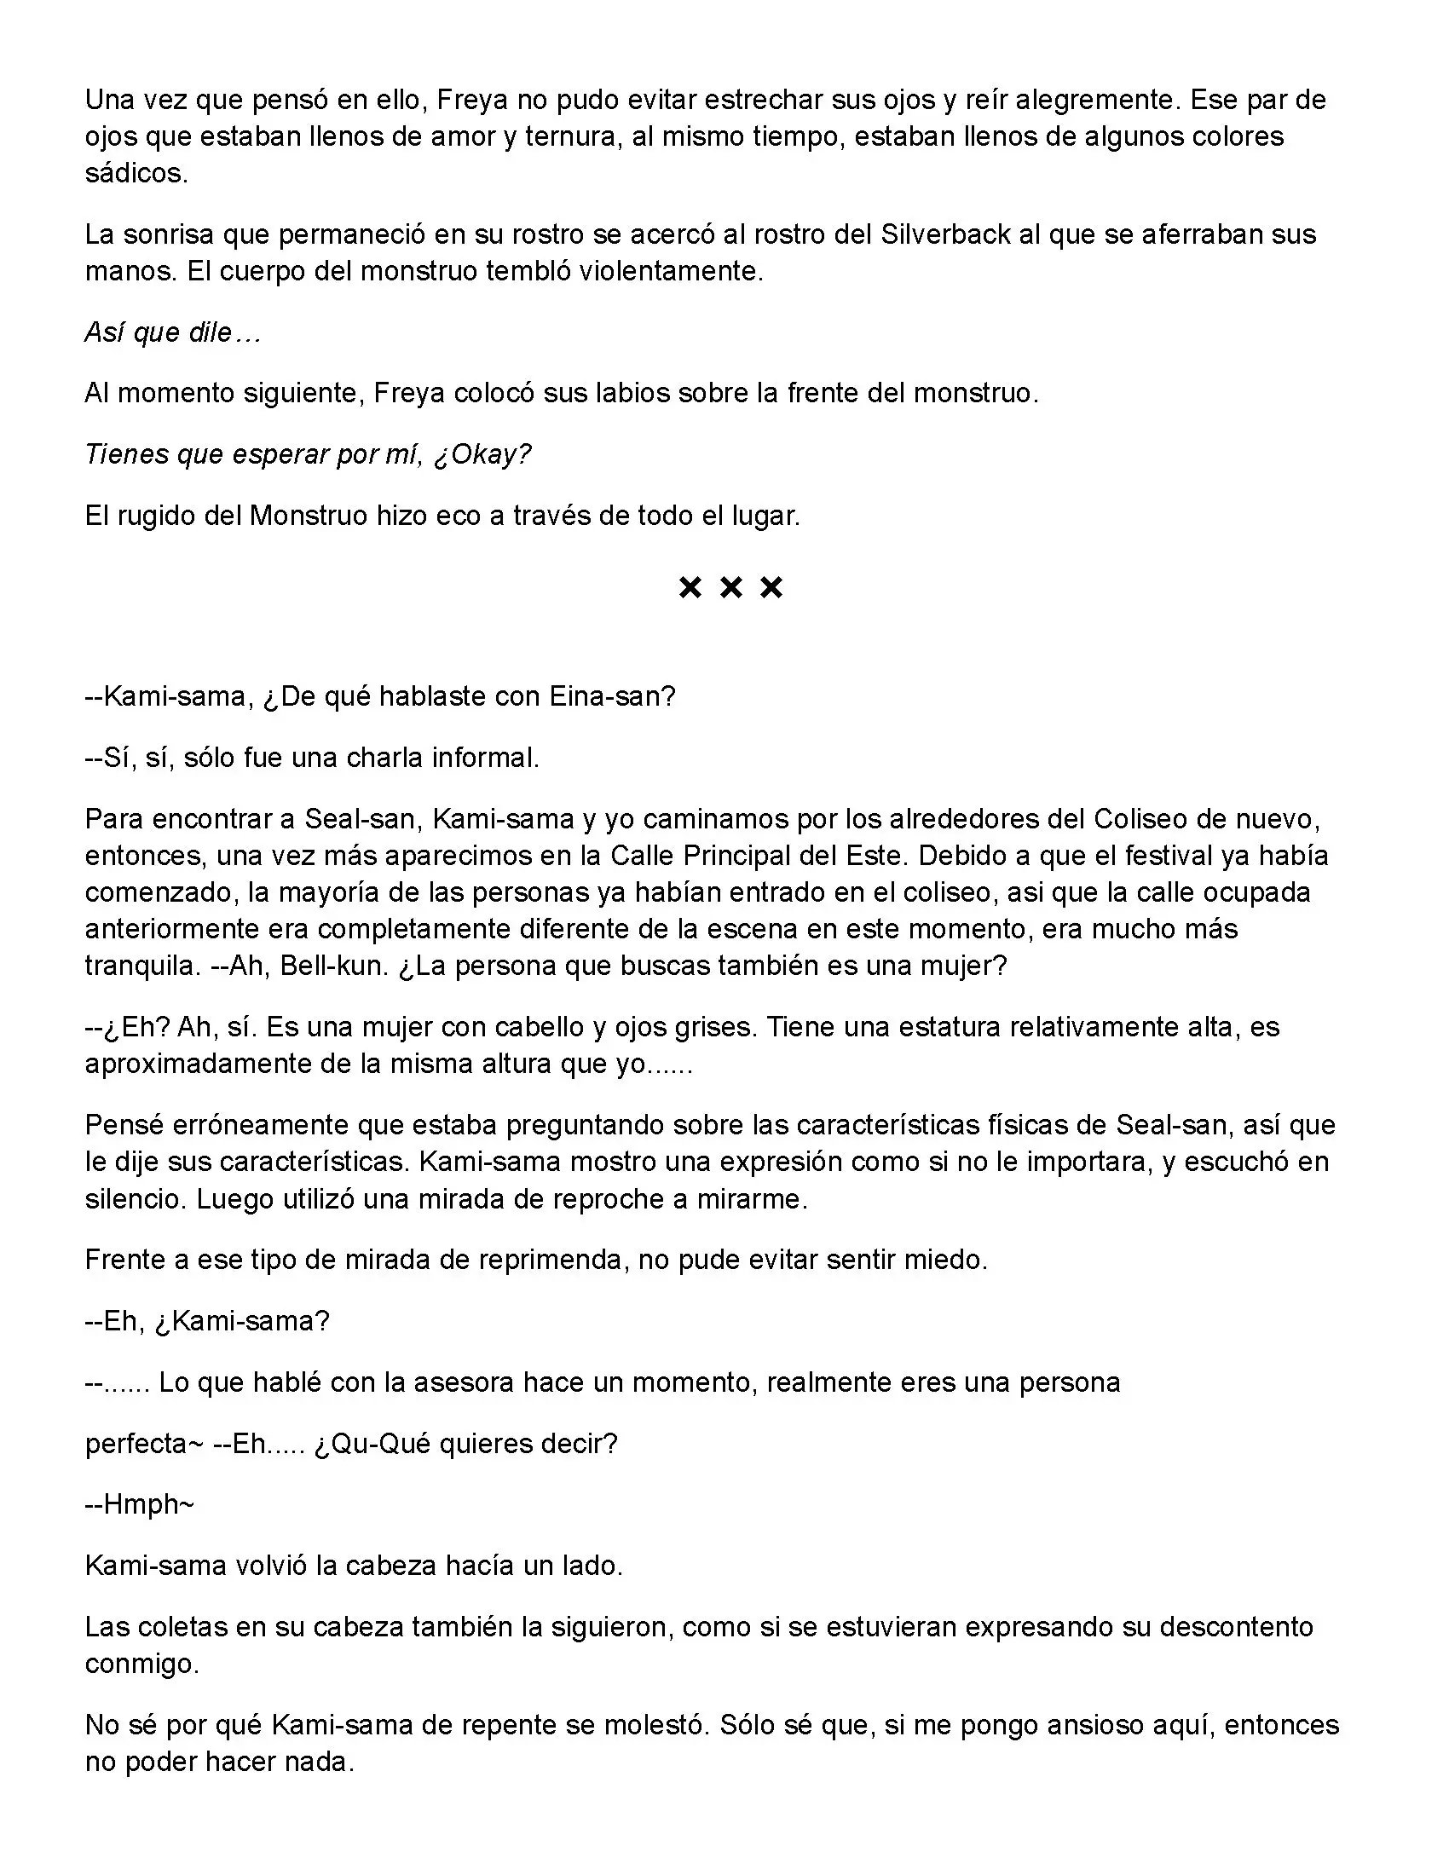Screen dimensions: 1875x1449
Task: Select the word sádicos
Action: [x=136, y=173]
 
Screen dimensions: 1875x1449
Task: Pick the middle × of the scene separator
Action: [x=730, y=588]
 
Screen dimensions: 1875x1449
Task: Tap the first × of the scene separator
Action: [x=690, y=588]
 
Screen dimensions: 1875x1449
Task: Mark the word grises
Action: [x=701, y=1027]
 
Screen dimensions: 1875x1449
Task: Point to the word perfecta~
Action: [x=142, y=1444]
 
